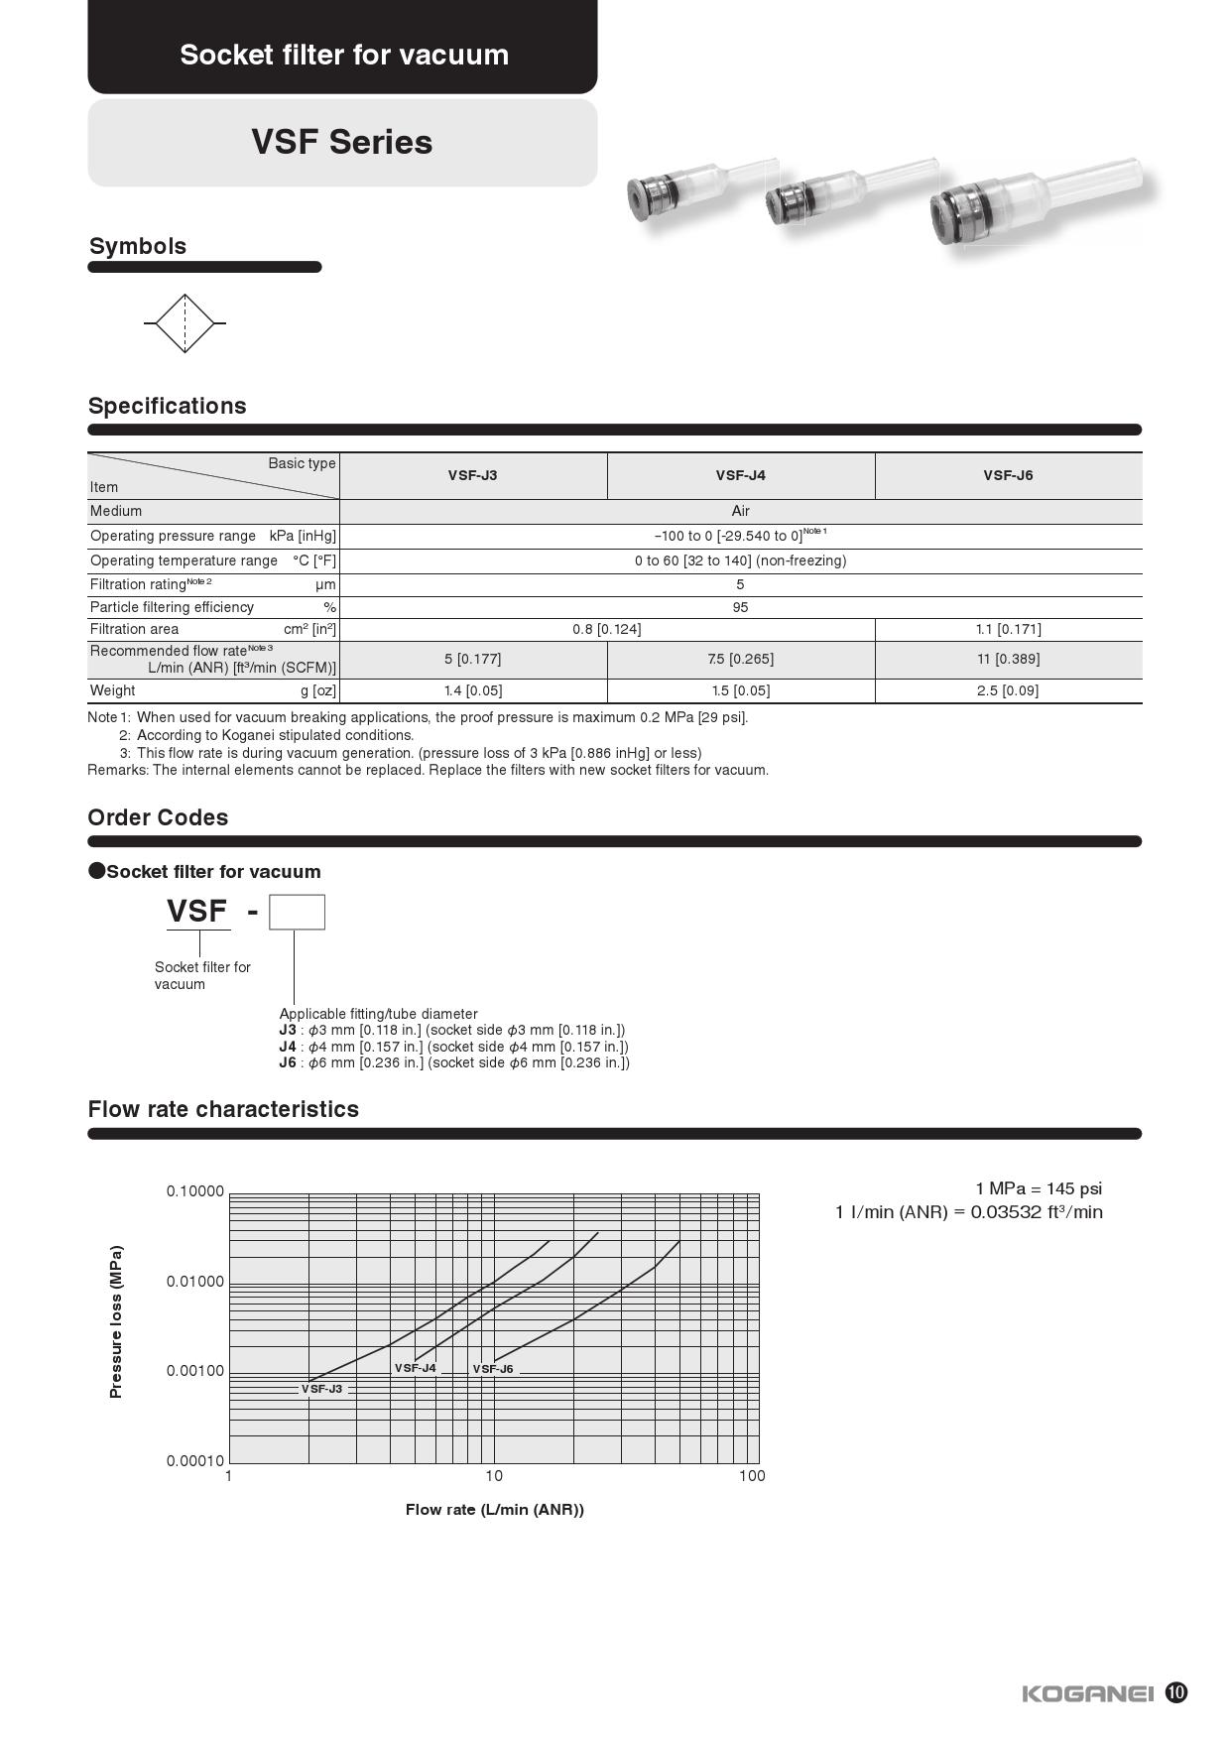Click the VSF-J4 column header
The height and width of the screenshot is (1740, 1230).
click(740, 475)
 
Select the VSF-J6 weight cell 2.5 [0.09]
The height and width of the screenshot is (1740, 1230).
click(1007, 690)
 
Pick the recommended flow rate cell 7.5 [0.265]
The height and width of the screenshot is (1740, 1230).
click(740, 659)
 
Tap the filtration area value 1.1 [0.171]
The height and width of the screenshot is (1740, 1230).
click(1007, 629)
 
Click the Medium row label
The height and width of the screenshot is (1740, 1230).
click(116, 511)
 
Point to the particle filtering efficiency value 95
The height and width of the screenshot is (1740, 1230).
click(740, 607)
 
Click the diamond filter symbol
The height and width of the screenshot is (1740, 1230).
click(185, 323)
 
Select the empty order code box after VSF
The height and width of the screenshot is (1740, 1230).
click(297, 912)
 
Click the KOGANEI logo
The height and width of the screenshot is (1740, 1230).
click(1087, 1693)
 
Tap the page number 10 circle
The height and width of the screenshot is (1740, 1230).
click(1175, 1692)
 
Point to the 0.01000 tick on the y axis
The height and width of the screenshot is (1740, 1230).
click(195, 1282)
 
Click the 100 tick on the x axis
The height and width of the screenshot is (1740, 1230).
click(752, 1476)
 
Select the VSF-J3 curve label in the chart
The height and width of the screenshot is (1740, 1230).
click(321, 1389)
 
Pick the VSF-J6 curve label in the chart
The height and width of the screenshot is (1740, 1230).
click(493, 1369)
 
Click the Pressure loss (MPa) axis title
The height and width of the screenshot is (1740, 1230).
click(116, 1321)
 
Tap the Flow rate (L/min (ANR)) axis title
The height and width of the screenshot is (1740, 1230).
click(494, 1510)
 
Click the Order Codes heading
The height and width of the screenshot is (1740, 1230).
click(158, 817)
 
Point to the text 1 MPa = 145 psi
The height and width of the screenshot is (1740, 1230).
click(1038, 1188)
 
